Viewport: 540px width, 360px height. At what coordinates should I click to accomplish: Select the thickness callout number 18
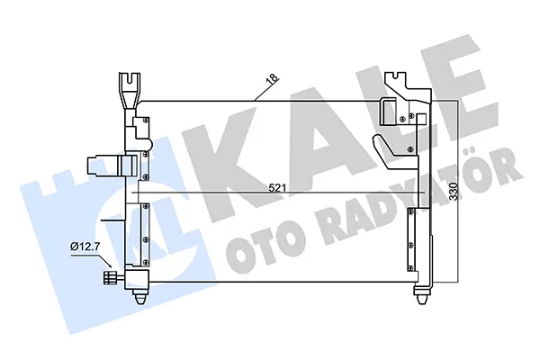coord(268,86)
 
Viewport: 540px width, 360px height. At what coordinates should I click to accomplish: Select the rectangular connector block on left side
coord(101,166)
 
